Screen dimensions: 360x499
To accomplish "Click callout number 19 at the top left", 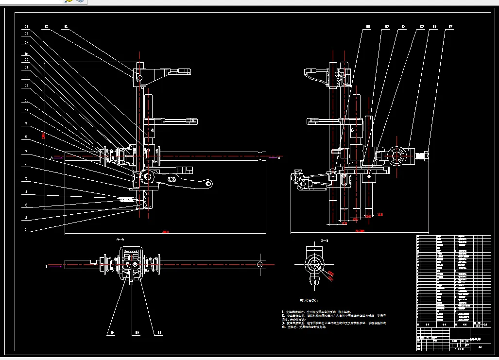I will click(26, 26).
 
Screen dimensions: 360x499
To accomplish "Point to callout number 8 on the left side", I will click(26, 137).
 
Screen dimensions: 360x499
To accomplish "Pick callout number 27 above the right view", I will click(450, 26).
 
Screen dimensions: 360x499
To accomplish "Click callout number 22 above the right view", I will click(368, 26).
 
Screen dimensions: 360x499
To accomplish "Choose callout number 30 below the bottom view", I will click(111, 332).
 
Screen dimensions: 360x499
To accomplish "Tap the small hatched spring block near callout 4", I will click(127, 199).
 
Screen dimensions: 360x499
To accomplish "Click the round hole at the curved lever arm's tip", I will click(207, 184).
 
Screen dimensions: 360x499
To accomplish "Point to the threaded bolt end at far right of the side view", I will click(422, 155).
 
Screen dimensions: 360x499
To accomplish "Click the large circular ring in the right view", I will click(398, 155).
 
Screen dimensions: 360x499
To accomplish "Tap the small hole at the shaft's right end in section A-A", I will click(260, 264).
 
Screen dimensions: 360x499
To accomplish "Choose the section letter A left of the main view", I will click(51, 157).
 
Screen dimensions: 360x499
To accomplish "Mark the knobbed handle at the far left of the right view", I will click(297, 177).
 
